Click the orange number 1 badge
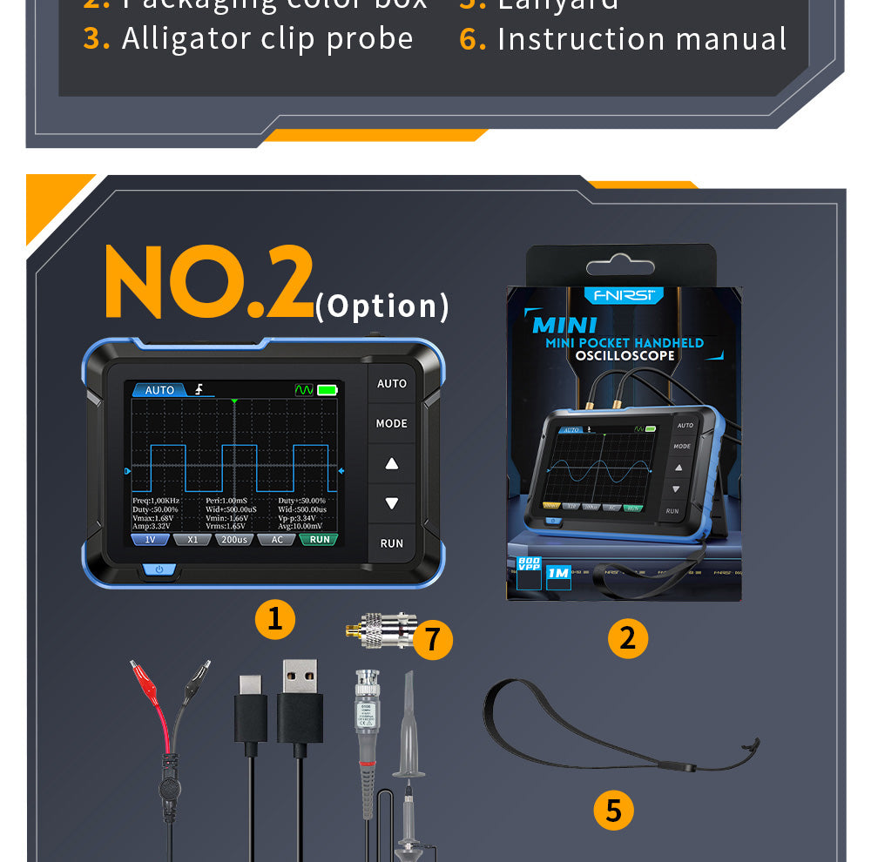[x=274, y=618]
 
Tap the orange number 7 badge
[x=432, y=640]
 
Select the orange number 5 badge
[x=613, y=810]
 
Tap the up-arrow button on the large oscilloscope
[x=391, y=464]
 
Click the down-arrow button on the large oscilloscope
[x=391, y=503]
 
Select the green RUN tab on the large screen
[x=320, y=540]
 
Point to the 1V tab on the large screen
[x=150, y=540]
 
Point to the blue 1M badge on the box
[x=557, y=573]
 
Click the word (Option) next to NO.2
[x=382, y=306]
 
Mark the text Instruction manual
[x=642, y=39]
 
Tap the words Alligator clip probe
[x=267, y=38]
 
